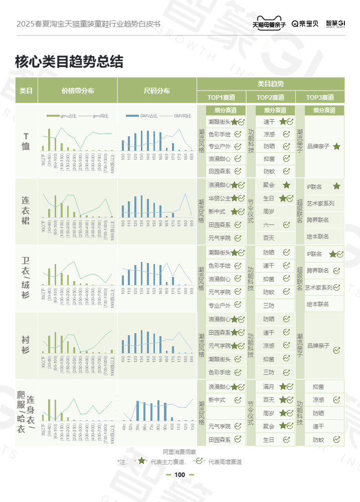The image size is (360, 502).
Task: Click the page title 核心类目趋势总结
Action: click(x=69, y=62)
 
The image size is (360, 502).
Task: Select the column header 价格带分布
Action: click(x=78, y=91)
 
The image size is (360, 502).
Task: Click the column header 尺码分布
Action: click(x=156, y=91)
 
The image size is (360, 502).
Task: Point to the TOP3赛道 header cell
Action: click(x=320, y=97)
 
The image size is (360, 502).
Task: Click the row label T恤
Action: click(x=26, y=141)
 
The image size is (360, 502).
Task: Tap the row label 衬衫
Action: click(x=26, y=345)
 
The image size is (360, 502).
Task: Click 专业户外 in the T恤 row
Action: click(x=219, y=146)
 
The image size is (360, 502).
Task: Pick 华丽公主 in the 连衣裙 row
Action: click(x=219, y=198)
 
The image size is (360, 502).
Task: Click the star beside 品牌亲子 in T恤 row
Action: click(x=336, y=146)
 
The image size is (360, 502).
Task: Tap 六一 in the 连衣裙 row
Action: click(x=268, y=225)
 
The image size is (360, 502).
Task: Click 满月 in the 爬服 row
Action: click(x=268, y=386)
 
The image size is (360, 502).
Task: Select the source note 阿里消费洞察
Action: click(x=179, y=451)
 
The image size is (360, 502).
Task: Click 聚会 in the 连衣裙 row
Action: click(x=268, y=185)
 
